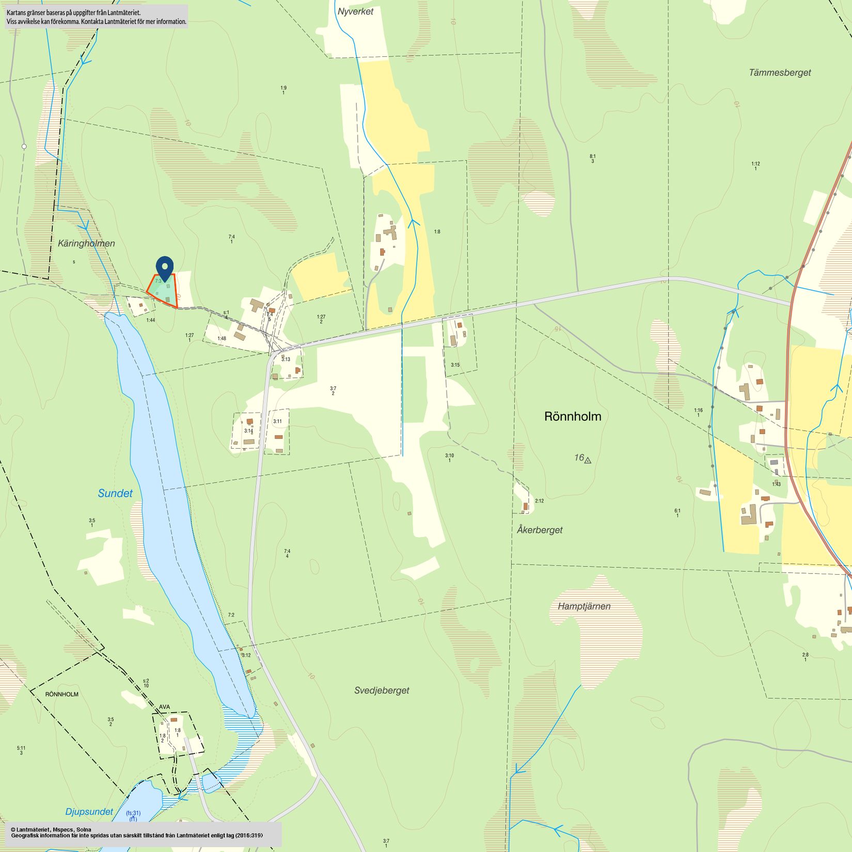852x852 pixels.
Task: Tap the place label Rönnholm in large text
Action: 573,417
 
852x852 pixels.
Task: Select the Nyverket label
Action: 355,11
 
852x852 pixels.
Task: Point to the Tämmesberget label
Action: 780,73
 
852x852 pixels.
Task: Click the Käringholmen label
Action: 86,243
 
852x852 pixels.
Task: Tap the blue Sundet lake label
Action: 115,494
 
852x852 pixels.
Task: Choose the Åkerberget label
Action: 540,530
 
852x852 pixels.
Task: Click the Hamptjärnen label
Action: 584,606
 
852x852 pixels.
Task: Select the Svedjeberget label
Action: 382,690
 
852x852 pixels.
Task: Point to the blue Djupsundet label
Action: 89,812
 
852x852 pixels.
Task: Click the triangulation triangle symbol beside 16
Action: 588,460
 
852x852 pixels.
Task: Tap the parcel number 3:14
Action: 248,431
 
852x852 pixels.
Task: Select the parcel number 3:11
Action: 278,421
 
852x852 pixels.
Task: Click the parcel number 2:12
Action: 539,501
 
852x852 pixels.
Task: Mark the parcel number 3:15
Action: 455,365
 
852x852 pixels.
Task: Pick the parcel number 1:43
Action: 776,484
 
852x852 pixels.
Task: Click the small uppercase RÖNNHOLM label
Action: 62,695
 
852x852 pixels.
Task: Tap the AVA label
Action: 164,707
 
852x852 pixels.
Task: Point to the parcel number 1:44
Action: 150,320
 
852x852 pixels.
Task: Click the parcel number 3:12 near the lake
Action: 246,655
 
